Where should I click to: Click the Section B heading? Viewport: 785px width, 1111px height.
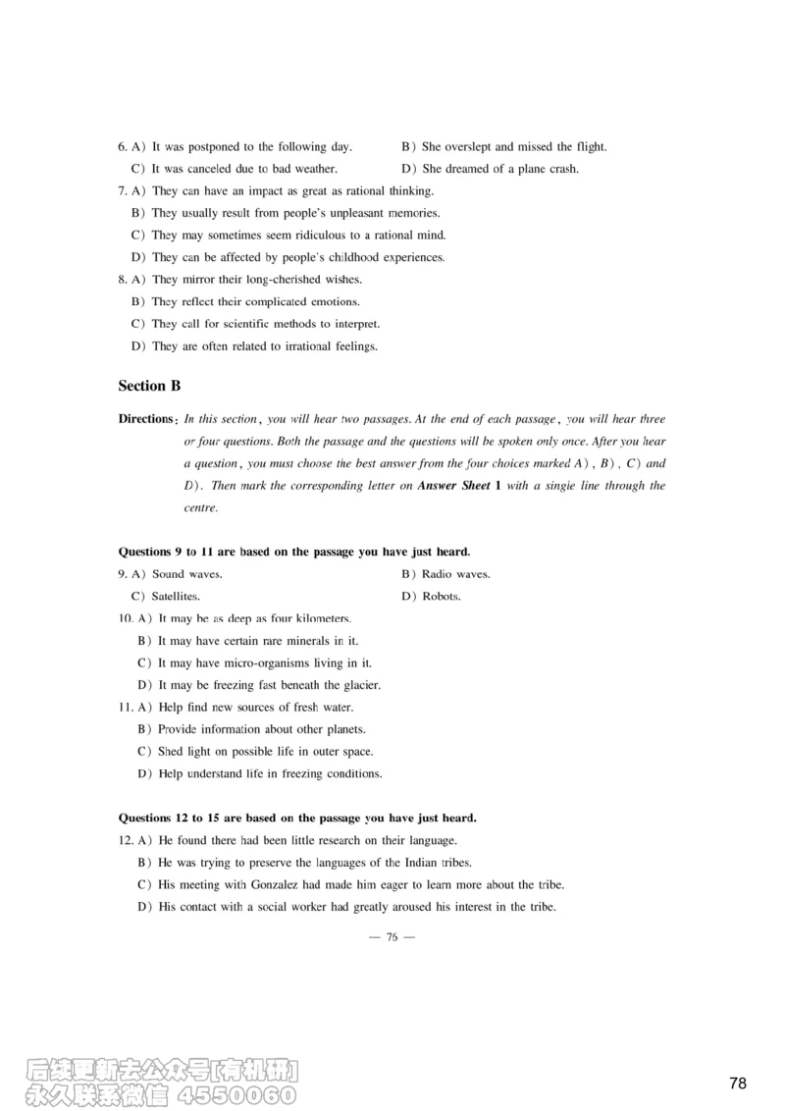click(x=149, y=387)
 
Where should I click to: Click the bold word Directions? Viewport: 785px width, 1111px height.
click(x=146, y=419)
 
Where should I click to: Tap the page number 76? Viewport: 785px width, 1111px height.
click(x=392, y=937)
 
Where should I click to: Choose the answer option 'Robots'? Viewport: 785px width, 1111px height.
click(x=441, y=597)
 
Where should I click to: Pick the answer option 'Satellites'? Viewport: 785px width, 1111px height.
click(x=176, y=597)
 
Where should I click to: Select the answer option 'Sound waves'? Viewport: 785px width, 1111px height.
click(x=186, y=575)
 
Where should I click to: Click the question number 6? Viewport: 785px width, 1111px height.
click(x=122, y=147)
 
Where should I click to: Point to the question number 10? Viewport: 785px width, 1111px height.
click(x=125, y=618)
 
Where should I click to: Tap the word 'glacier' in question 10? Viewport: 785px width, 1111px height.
click(x=360, y=685)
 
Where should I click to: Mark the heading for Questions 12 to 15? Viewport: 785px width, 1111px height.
click(x=296, y=818)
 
